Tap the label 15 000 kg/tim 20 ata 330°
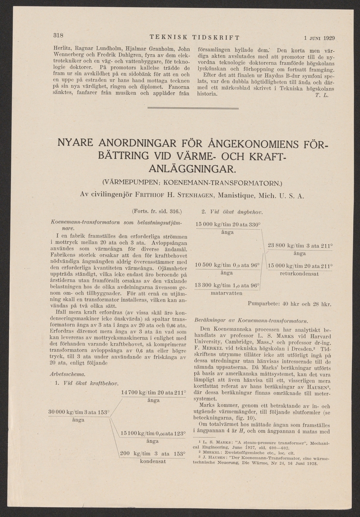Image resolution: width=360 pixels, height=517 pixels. [229, 225]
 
